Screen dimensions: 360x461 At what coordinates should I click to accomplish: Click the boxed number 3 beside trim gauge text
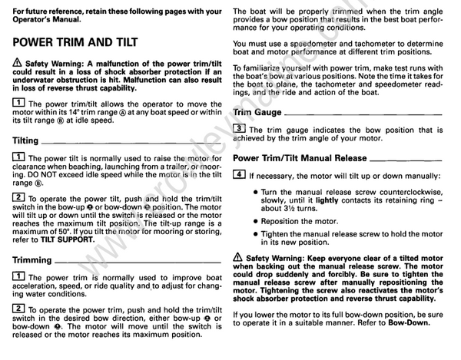coord(240,128)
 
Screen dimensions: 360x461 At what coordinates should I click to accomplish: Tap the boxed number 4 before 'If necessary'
coord(240,175)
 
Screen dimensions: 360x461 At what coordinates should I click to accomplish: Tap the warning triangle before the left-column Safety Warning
coord(18,62)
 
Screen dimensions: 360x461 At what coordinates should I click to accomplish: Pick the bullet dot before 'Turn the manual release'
coord(254,192)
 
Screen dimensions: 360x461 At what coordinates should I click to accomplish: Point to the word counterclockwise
coord(413,192)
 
